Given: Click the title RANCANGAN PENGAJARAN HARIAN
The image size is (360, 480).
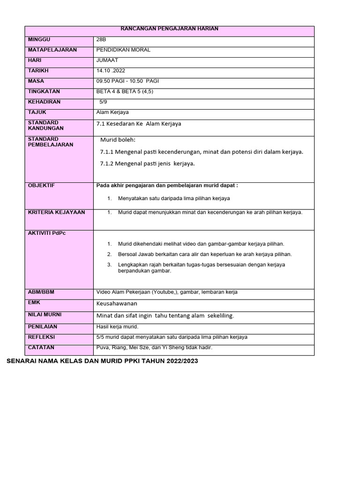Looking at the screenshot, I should click(x=170, y=29).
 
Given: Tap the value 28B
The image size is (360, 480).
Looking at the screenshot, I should click(x=101, y=40).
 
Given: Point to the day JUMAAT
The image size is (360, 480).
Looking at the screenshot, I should click(x=107, y=60).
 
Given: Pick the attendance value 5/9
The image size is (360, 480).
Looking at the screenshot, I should click(x=104, y=102).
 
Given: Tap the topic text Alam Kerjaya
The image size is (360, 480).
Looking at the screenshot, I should click(x=112, y=112).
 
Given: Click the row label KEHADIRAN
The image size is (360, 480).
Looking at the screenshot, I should click(x=44, y=102).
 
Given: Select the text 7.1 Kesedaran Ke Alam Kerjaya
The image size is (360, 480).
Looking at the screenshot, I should click(x=138, y=124).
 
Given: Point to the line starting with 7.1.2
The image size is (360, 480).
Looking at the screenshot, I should click(x=147, y=164).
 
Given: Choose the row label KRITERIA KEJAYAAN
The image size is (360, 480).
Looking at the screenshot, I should click(x=56, y=212).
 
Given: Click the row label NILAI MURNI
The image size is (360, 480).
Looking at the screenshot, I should click(x=45, y=315).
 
